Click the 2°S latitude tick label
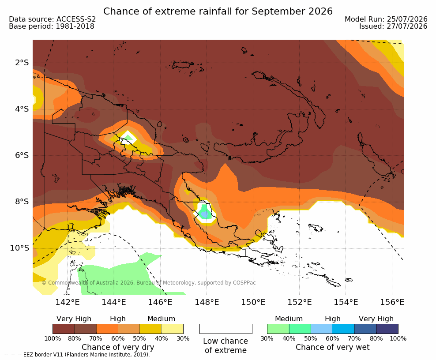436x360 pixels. [x=22, y=63]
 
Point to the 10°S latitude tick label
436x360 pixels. [x=19, y=248]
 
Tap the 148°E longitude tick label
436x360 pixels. [x=207, y=302]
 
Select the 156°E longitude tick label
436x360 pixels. [x=392, y=302]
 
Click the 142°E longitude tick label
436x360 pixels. [x=67, y=302]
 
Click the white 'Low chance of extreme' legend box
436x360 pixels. [x=226, y=329]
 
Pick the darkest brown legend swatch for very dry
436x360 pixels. [x=64, y=329]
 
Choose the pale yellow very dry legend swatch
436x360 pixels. [x=173, y=329]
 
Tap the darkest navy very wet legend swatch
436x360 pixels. [x=387, y=329]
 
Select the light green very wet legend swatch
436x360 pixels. [x=278, y=329]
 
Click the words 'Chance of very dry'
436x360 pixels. [x=118, y=347]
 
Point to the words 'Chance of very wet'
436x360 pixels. [x=333, y=347]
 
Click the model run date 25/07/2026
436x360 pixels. [x=407, y=19]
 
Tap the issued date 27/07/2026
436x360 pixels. [x=407, y=26]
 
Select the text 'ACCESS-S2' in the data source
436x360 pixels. [x=76, y=19]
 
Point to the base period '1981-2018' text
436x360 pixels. [x=75, y=26]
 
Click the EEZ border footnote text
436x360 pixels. [x=77, y=355]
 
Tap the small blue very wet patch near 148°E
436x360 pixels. [x=205, y=214]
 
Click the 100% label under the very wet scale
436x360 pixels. [x=398, y=338]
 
